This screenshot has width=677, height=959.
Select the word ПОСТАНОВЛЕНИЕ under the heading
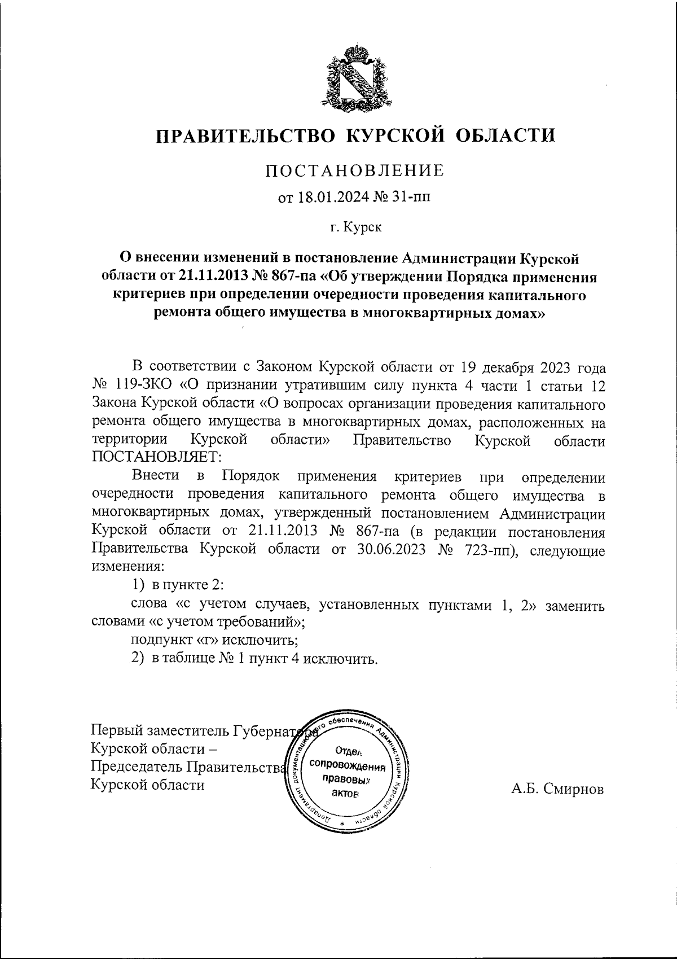coord(355,170)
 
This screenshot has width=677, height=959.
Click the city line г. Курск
coord(355,227)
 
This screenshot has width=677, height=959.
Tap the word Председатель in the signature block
coord(137,767)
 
